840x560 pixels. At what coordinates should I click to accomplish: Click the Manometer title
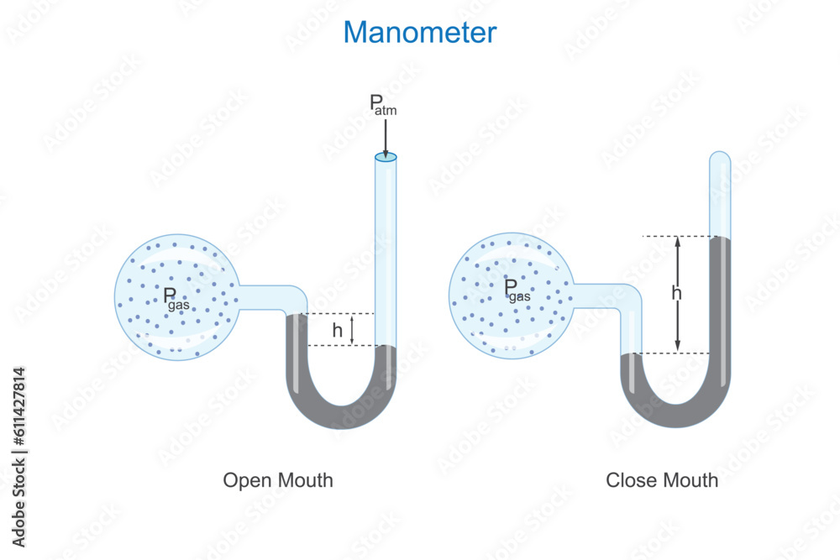click(420, 32)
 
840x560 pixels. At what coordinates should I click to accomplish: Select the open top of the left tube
click(386, 157)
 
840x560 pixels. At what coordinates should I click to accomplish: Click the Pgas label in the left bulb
click(176, 298)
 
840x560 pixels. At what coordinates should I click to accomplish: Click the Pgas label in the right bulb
click(517, 290)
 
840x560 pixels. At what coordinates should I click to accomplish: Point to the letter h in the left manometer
click(337, 331)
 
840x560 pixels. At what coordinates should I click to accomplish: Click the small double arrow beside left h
click(353, 329)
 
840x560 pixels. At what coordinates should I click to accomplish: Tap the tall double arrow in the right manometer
click(678, 294)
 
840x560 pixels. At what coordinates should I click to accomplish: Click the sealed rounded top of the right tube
click(720, 158)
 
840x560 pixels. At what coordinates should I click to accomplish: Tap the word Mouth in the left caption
click(305, 480)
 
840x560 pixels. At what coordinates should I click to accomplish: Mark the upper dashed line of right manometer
click(675, 237)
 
